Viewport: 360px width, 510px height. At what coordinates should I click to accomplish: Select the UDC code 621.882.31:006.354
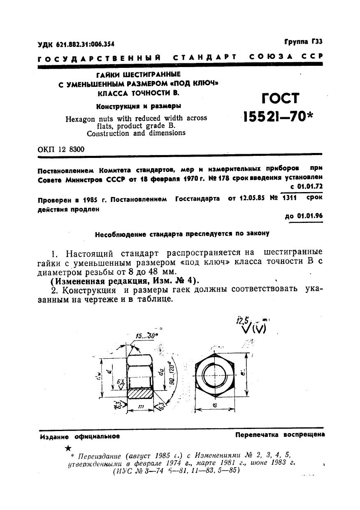coord(76,44)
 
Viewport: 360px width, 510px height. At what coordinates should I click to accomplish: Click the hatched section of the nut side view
coord(141,394)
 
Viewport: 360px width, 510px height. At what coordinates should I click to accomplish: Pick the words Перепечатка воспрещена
coord(280,435)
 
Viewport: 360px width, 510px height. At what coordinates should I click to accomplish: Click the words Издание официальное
coord(80,436)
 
